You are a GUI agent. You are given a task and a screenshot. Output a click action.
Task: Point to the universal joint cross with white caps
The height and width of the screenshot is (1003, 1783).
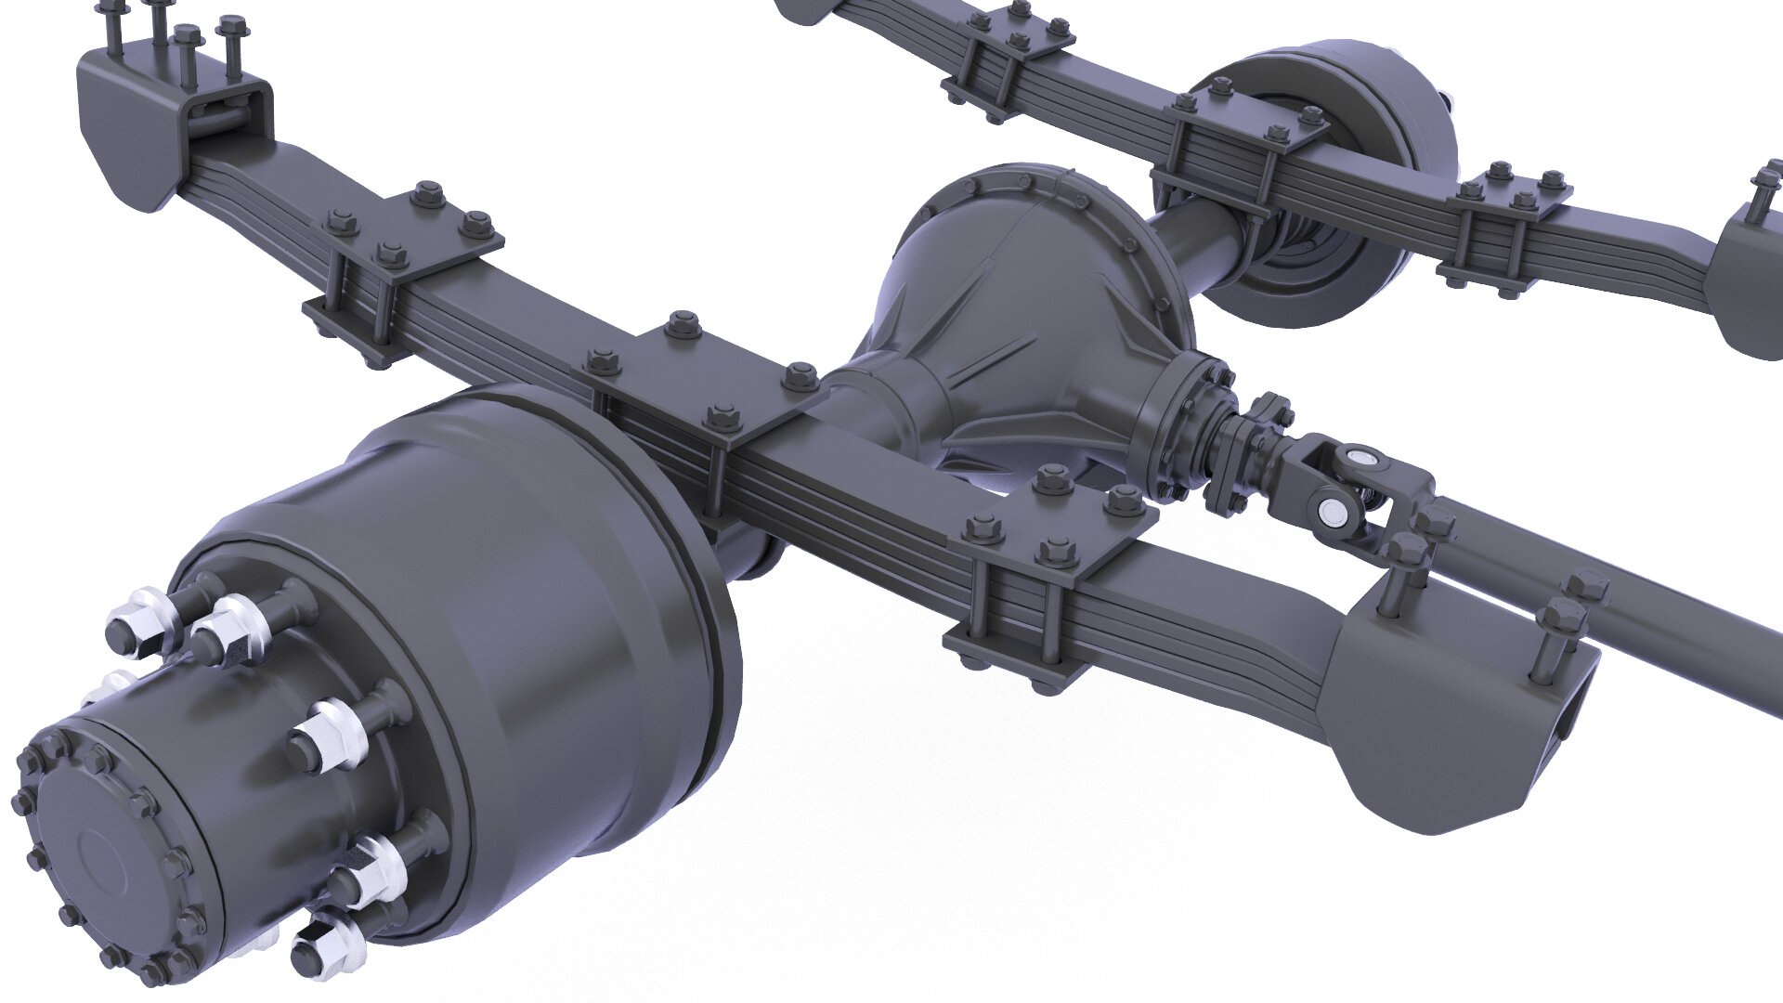(x=1347, y=483)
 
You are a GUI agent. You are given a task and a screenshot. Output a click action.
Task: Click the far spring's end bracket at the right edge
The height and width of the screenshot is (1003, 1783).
(x=1750, y=269)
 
